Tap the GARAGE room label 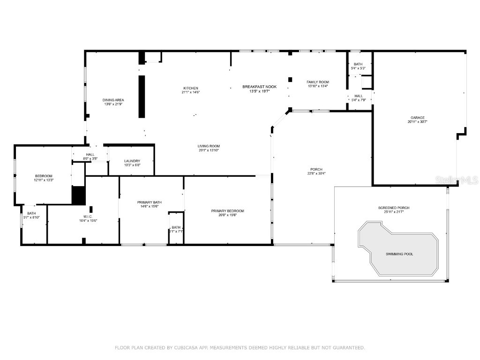click(x=418, y=118)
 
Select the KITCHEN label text click(x=190, y=88)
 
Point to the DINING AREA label click(x=113, y=100)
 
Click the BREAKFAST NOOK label click(x=259, y=87)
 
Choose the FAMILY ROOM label click(x=318, y=82)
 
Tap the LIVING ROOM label click(x=209, y=146)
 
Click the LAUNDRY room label click(x=132, y=161)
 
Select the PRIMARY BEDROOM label click(x=227, y=211)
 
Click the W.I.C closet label click(x=88, y=217)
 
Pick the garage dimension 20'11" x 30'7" click(x=418, y=122)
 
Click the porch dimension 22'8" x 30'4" click(x=316, y=173)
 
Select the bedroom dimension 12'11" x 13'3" click(x=43, y=180)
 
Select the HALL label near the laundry click(x=90, y=155)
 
